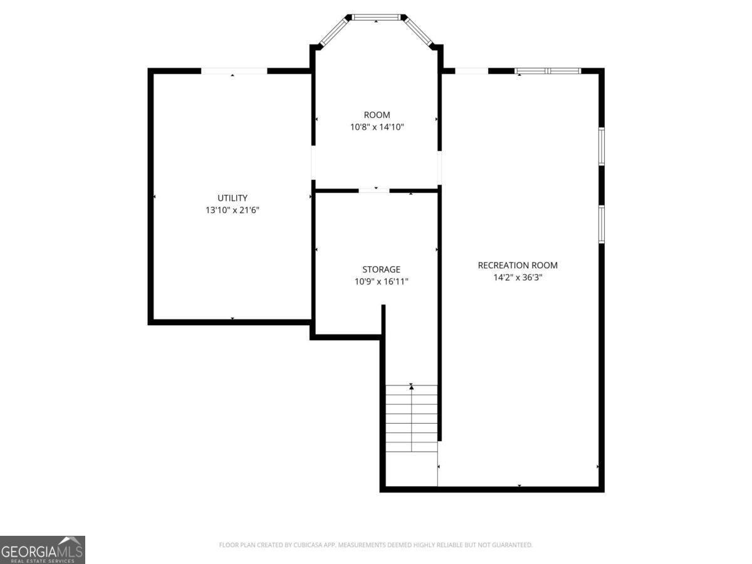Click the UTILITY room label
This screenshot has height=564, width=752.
coord(232,198)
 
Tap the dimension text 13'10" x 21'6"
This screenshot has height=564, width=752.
coord(232,211)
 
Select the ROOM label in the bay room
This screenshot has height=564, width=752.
coord(377,115)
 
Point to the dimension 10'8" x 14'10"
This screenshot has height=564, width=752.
coord(377,127)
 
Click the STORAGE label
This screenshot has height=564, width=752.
coord(381,269)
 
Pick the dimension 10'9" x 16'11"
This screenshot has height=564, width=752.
coord(381,282)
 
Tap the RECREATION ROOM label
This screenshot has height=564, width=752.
coord(518,265)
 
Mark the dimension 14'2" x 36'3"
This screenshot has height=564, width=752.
coord(518,278)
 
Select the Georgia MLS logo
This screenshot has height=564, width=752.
coord(42,550)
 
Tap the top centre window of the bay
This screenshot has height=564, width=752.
coord(376,17)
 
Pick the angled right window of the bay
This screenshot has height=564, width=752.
coord(419,32)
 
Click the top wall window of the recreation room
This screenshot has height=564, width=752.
coord(548,71)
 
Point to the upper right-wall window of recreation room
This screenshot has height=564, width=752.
coord(601,147)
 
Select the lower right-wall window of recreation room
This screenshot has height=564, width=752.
coord(601,224)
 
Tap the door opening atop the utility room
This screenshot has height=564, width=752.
coord(234,71)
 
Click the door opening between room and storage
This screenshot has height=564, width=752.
coord(373,190)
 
